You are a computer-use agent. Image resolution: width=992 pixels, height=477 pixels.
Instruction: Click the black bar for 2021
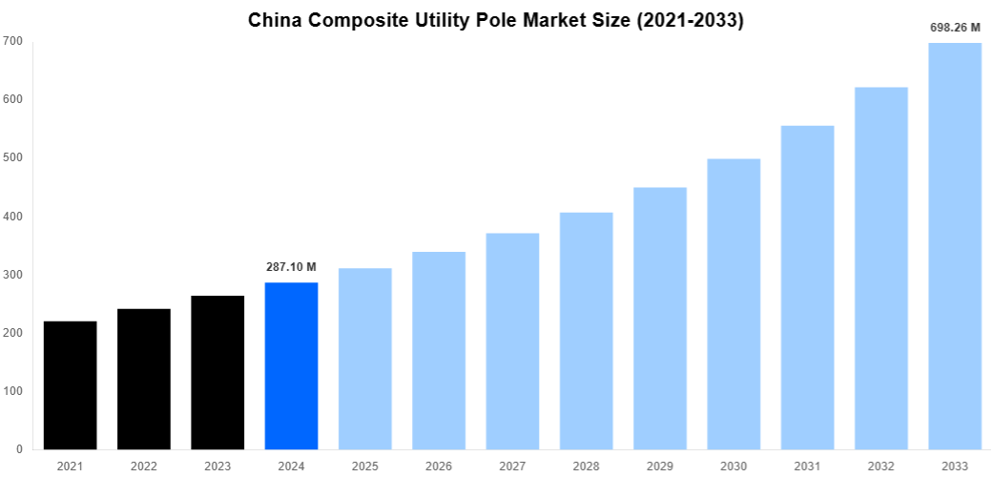tap(70, 385)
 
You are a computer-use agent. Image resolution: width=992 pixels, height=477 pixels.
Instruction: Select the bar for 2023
tap(217, 372)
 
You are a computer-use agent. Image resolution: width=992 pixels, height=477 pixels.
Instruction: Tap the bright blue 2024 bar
tap(291, 365)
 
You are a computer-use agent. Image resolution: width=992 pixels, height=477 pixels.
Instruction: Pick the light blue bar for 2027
tap(512, 341)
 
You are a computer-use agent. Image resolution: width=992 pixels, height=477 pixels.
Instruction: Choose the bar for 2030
tap(734, 303)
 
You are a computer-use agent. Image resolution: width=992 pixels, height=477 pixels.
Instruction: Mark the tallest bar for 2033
tap(955, 246)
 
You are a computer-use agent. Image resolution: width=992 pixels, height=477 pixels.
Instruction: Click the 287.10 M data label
tap(291, 267)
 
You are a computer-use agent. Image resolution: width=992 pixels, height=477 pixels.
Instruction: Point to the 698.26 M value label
tap(955, 28)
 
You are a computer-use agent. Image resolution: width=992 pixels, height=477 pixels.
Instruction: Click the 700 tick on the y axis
tap(12, 41)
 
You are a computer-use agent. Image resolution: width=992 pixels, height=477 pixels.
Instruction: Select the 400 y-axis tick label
tap(12, 217)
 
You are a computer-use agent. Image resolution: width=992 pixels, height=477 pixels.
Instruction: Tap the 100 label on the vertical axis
tap(12, 391)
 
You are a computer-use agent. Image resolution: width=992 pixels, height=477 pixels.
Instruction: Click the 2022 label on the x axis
tap(144, 467)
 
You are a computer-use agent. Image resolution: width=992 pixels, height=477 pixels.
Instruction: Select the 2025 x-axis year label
tap(365, 467)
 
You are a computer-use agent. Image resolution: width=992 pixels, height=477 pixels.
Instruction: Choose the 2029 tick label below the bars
tap(660, 467)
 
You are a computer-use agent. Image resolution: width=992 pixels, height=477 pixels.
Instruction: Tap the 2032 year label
tap(881, 467)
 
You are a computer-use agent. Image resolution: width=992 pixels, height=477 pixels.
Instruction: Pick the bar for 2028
tap(586, 330)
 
